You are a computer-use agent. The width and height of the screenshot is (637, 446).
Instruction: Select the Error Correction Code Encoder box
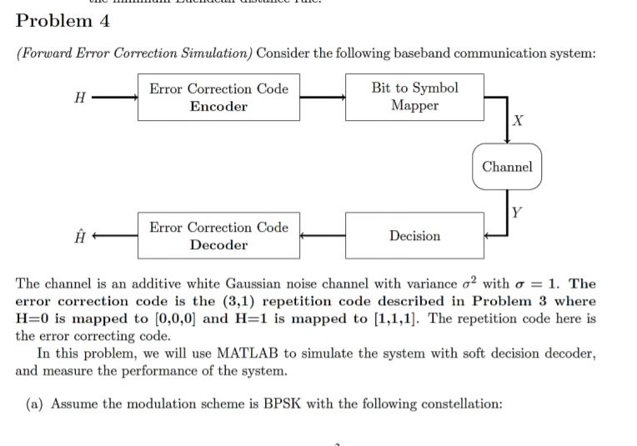tap(218, 98)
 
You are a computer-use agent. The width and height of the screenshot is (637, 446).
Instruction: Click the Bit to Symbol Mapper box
tap(414, 98)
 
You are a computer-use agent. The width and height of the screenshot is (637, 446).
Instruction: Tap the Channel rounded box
tap(507, 167)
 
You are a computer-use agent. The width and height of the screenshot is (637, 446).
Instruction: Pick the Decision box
tap(414, 236)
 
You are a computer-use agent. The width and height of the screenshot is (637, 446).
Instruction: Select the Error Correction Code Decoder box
tap(218, 236)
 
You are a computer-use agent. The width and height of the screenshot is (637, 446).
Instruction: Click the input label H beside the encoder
tap(79, 98)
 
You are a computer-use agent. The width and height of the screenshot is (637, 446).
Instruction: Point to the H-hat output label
tap(79, 236)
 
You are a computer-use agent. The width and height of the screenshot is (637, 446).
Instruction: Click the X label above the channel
tap(520, 122)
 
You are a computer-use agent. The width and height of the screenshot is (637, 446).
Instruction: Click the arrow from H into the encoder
tap(115, 98)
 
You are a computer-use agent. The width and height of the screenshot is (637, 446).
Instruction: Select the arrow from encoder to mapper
tap(323, 98)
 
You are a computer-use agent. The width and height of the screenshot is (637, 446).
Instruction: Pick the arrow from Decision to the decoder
tap(323, 236)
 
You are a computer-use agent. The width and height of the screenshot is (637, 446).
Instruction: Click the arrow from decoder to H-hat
tap(115, 236)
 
